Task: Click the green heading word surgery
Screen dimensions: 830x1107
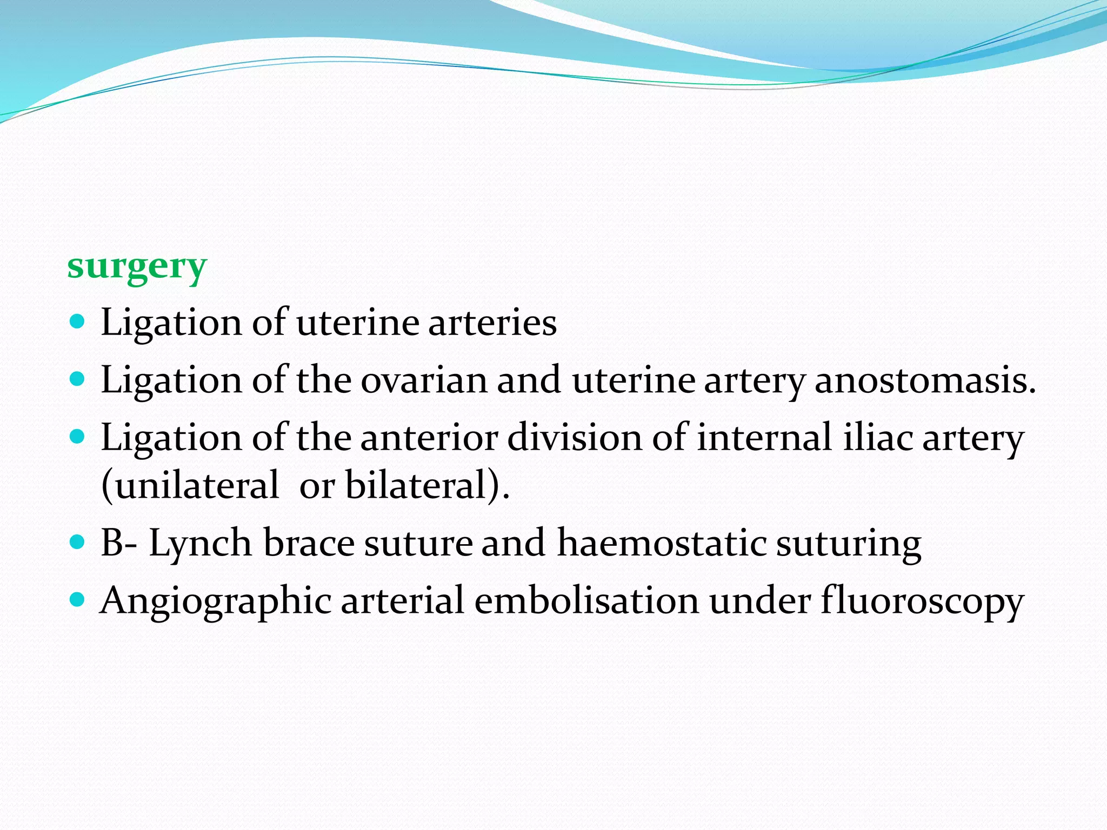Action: click(x=137, y=266)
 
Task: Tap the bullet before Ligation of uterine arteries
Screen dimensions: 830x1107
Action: click(x=78, y=323)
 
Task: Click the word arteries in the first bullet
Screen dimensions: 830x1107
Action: click(x=492, y=323)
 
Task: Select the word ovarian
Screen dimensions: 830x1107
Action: click(x=424, y=380)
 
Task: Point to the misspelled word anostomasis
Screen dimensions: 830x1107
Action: click(x=925, y=380)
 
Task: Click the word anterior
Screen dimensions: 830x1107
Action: click(x=429, y=437)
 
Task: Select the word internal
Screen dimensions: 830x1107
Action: click(x=764, y=437)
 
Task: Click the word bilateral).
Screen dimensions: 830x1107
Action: click(x=427, y=485)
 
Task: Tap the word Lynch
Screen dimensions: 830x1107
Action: click(x=200, y=543)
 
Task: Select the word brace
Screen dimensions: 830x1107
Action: click(x=309, y=543)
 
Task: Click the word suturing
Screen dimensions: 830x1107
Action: click(x=849, y=544)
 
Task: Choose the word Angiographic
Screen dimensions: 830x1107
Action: click(x=216, y=601)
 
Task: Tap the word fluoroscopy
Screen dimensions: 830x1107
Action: click(x=922, y=601)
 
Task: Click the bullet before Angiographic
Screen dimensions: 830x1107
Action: click(x=78, y=599)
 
